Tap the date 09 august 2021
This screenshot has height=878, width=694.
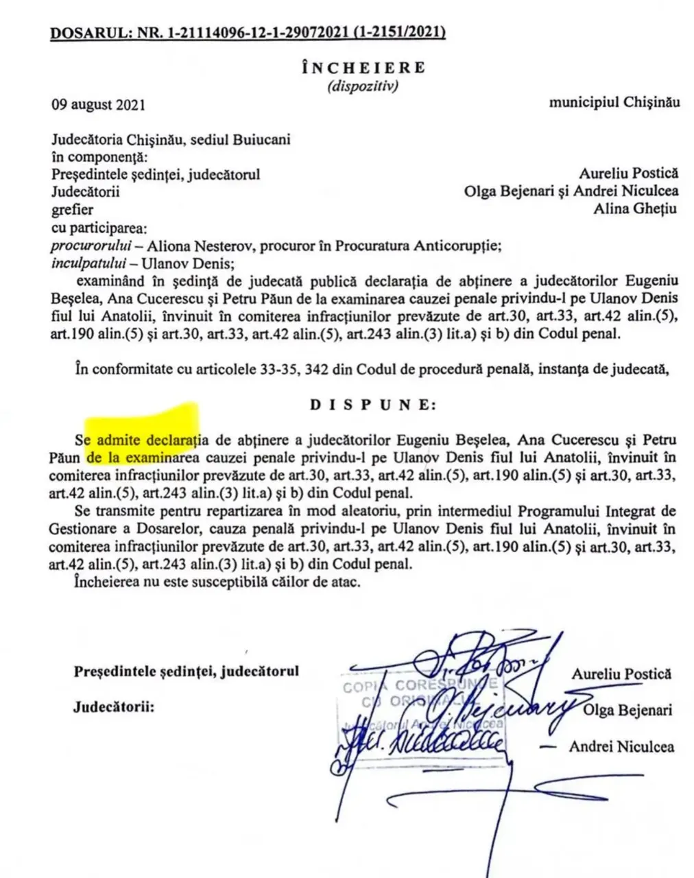(x=98, y=105)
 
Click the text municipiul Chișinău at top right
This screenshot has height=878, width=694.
(x=614, y=102)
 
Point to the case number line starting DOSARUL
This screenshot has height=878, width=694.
(x=248, y=32)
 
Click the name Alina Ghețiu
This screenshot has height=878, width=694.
(x=635, y=209)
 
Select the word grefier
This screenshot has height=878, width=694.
(x=73, y=209)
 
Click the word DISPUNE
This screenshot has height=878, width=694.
(x=372, y=404)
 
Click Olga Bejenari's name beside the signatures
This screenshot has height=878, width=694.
(x=627, y=710)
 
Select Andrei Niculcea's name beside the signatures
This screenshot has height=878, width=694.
(x=621, y=746)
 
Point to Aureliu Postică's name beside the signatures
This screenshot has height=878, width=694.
(x=621, y=674)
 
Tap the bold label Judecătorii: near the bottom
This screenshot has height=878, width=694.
(x=114, y=707)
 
